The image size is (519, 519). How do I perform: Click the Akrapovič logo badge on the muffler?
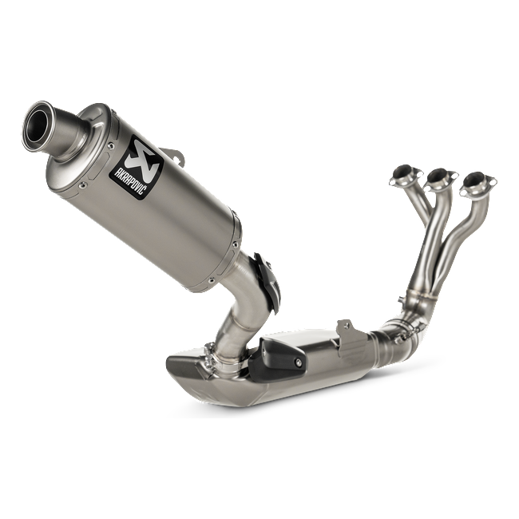pyautogui.click(x=137, y=167)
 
